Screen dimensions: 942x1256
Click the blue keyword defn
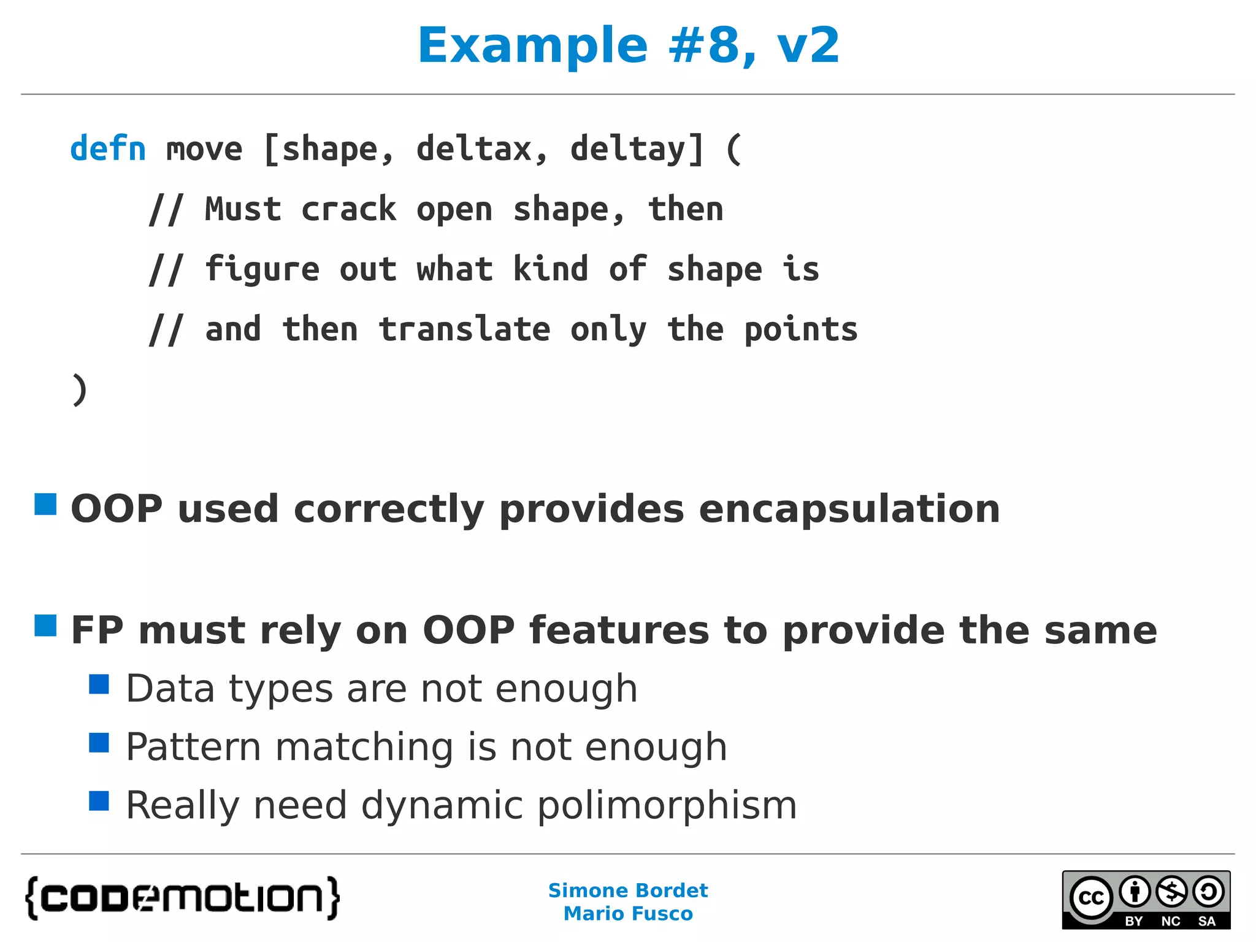point(108,149)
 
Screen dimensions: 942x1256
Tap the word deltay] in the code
point(637,149)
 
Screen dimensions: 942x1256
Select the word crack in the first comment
point(348,209)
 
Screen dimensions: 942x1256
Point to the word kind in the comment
point(550,269)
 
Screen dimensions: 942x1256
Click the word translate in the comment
point(464,329)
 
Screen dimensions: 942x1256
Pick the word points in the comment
point(800,329)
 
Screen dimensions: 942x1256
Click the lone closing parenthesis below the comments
point(79,389)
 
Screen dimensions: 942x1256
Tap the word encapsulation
point(849,509)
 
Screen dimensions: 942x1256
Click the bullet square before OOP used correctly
point(45,504)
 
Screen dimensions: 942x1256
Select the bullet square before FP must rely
point(45,626)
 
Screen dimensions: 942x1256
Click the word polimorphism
point(667,805)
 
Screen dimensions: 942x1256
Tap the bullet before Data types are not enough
point(99,684)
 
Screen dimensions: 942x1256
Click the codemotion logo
point(182,898)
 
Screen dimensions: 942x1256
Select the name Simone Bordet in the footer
point(628,890)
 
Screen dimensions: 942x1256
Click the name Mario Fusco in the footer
point(628,914)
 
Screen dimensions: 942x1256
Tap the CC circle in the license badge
point(1092,898)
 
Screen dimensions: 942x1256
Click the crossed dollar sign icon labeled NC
point(1171,892)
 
